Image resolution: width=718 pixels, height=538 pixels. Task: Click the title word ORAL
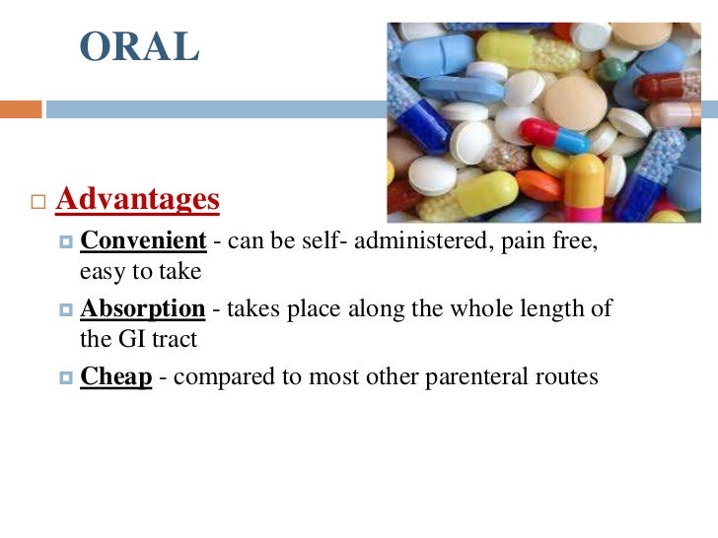139,47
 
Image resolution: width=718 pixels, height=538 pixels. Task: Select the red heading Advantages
137,200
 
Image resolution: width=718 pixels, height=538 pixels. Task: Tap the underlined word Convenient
143,241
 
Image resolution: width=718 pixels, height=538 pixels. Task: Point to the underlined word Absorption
142,309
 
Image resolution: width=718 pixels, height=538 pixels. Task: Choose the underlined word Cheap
116,377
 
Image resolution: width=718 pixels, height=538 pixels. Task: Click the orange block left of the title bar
21,109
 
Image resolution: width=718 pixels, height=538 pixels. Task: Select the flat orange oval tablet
538,185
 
